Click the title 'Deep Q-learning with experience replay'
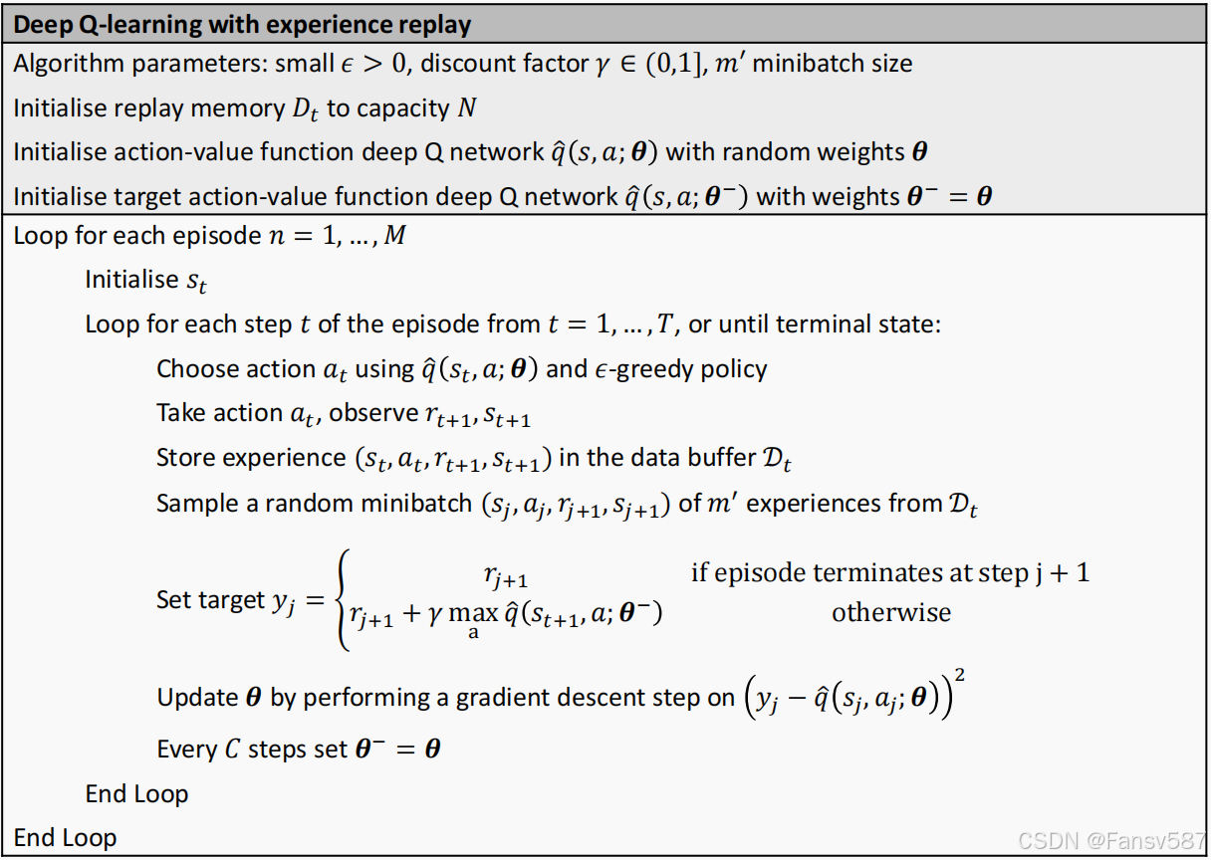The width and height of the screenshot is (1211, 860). [x=243, y=23]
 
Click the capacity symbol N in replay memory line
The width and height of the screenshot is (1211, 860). [x=466, y=108]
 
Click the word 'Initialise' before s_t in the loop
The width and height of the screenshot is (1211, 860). [x=131, y=281]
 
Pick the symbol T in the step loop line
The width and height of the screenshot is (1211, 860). [x=660, y=325]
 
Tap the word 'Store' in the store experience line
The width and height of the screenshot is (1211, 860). [x=187, y=458]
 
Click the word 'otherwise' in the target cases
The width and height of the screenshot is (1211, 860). [x=891, y=612]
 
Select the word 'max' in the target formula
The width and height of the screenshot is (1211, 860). [x=473, y=613]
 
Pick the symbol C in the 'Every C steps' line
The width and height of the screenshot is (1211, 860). [x=231, y=749]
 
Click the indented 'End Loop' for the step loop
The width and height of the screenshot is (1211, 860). [x=136, y=793]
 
